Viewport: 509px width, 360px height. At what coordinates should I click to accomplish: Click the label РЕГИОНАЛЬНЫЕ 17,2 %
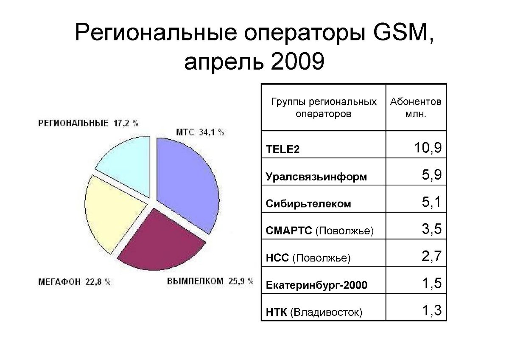point(88,123)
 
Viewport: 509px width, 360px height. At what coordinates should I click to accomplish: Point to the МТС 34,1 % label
point(200,132)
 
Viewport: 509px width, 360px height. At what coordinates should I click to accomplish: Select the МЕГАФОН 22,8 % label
point(74,282)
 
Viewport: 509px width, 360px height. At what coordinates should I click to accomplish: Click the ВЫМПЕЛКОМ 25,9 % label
point(210,281)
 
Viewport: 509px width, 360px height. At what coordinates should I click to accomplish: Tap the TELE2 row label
point(282,149)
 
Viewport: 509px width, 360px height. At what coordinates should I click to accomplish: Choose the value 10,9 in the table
point(428,148)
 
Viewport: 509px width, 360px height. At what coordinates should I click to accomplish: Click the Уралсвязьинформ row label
point(316,177)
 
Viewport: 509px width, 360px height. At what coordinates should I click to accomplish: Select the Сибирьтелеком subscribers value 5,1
point(431,202)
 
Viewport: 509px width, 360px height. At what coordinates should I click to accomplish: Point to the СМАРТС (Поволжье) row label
point(320,231)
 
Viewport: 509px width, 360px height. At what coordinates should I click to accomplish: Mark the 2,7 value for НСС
point(431,256)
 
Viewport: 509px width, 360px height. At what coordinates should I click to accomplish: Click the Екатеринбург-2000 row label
point(316,285)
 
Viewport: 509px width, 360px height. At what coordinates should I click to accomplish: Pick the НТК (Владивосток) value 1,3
point(432,310)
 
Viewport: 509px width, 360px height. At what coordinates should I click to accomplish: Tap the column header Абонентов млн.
point(416,107)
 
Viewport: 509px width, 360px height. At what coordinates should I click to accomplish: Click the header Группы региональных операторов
point(324,107)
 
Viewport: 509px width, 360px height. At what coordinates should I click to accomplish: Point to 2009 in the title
point(297,62)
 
